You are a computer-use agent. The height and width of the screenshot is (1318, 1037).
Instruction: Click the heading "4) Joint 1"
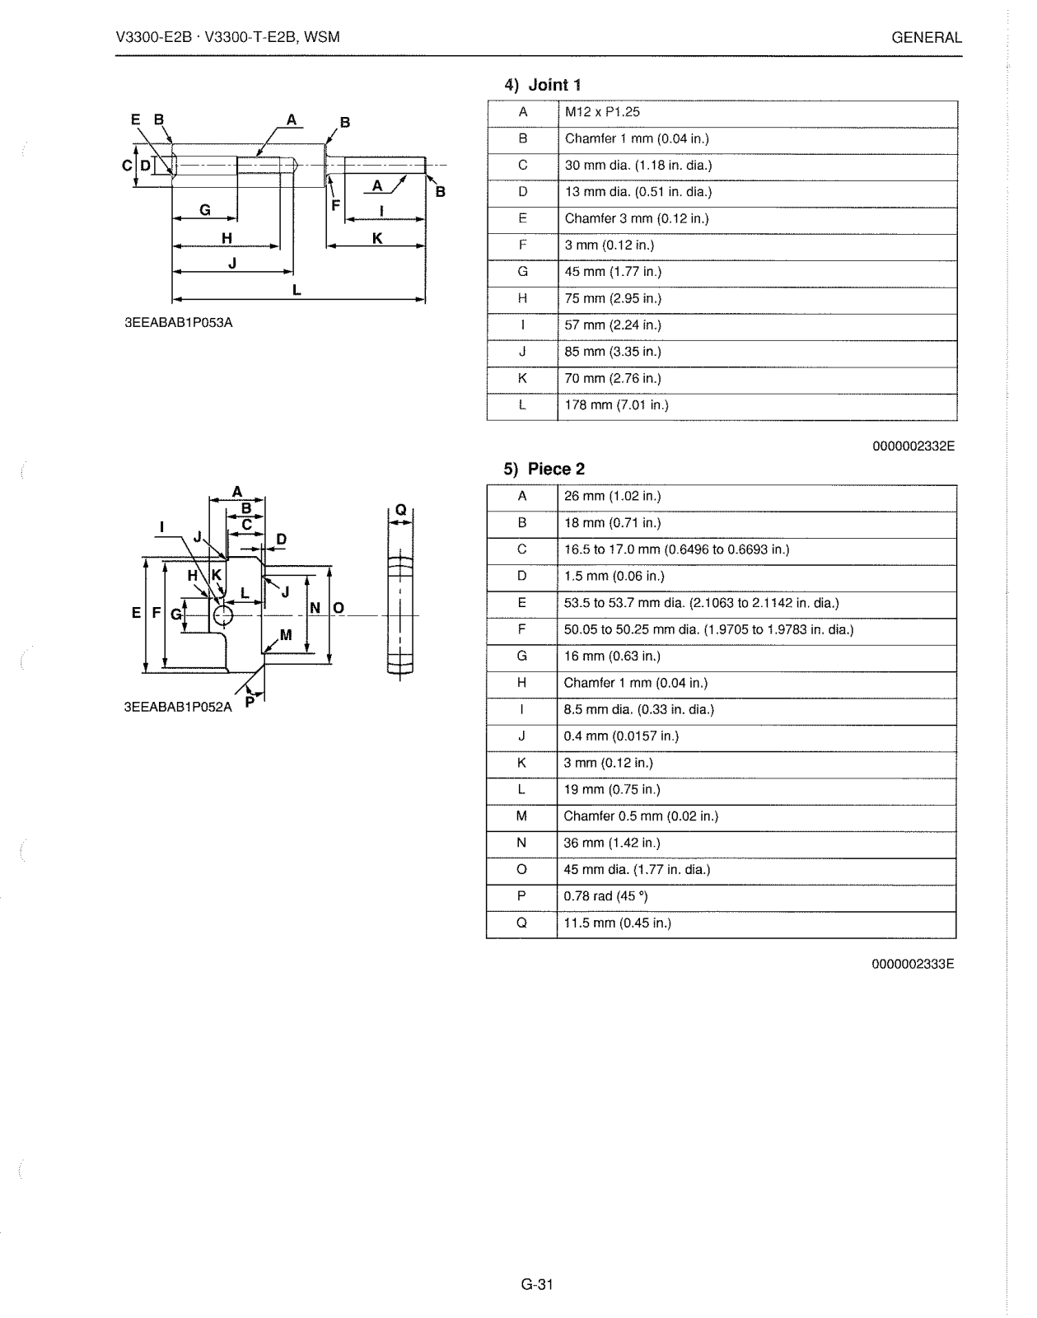(x=544, y=85)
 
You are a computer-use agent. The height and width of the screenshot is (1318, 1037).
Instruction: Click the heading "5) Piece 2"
(x=544, y=470)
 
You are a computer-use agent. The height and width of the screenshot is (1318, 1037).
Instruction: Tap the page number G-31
(x=537, y=1284)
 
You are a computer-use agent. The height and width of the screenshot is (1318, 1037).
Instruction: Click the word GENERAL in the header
(x=927, y=38)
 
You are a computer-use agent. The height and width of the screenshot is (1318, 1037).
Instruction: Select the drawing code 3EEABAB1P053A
(x=179, y=323)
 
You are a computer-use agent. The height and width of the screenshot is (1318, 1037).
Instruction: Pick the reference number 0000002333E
(x=913, y=964)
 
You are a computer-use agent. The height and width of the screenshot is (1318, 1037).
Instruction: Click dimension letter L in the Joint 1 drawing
(x=297, y=290)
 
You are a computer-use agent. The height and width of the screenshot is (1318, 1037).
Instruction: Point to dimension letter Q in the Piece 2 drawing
(x=400, y=509)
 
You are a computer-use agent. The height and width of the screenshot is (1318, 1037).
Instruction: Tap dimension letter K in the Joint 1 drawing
(x=377, y=238)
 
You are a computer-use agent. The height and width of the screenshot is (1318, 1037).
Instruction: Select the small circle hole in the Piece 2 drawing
(x=223, y=615)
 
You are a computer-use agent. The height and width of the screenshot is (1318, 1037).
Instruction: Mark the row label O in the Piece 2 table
(x=521, y=870)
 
